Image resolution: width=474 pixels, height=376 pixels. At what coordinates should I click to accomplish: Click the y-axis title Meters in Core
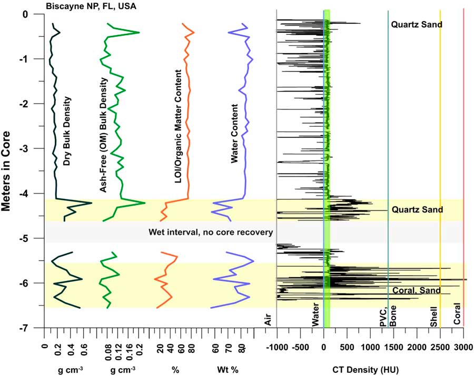[7, 170]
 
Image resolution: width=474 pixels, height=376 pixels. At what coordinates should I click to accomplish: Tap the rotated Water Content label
[235, 134]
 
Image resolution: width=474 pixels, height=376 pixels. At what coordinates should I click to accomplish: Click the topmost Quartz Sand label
[416, 24]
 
